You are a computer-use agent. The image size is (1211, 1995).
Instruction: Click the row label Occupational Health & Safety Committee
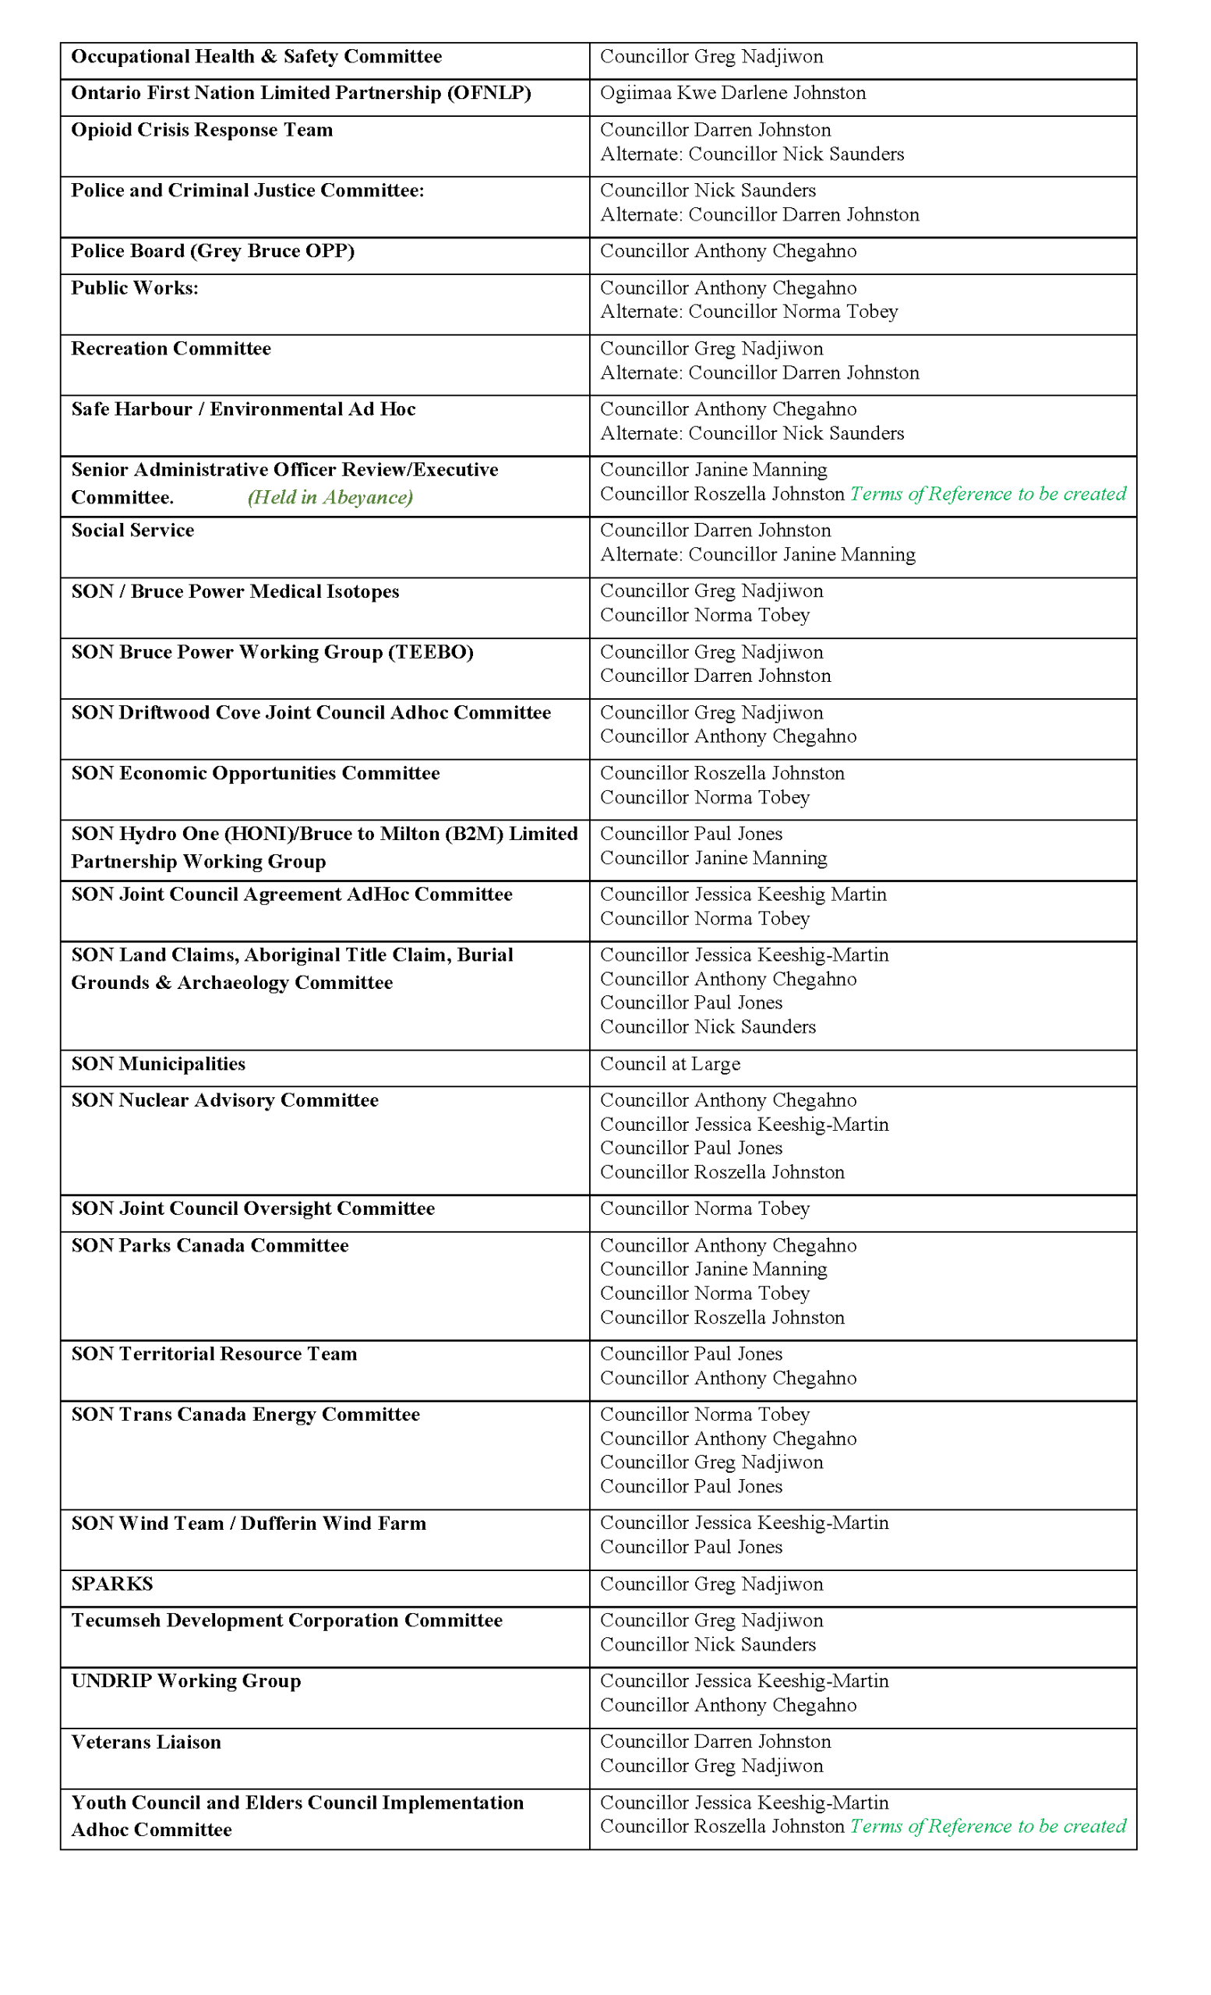tap(256, 57)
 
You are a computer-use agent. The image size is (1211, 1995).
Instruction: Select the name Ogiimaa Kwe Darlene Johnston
tap(732, 93)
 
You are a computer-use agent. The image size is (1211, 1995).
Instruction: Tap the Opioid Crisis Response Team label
tap(202, 130)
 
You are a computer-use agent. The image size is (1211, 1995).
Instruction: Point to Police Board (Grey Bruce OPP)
tap(212, 251)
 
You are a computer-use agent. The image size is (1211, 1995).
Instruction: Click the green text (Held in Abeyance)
tap(330, 497)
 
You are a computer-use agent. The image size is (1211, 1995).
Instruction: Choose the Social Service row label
tap(132, 531)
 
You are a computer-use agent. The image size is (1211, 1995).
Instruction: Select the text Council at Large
tap(669, 1064)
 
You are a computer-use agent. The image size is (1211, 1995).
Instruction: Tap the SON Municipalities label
tap(158, 1064)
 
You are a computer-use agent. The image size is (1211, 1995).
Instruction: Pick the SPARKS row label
tap(111, 1584)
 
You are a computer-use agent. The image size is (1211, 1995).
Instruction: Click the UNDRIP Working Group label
tap(185, 1681)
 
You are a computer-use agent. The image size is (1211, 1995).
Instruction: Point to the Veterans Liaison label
tap(146, 1743)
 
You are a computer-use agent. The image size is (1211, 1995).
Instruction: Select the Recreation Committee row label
tap(171, 349)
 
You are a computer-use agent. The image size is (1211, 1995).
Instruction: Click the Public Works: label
tap(134, 288)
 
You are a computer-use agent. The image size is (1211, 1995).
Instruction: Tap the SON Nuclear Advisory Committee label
tap(224, 1100)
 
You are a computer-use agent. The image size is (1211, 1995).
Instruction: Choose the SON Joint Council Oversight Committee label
tap(252, 1209)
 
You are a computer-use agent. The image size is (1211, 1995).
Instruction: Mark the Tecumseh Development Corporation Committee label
tap(287, 1620)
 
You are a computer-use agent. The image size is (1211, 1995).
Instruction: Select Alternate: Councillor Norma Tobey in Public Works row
tap(748, 312)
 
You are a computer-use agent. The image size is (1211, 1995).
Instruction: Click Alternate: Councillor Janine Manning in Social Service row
tap(757, 555)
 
